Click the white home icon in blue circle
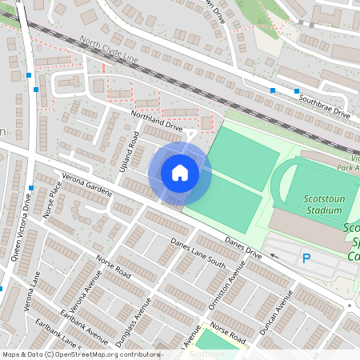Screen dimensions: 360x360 point(180,173)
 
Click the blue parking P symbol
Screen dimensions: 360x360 point(306,258)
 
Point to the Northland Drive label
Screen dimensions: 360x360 point(157,122)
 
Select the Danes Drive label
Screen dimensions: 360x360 point(243,245)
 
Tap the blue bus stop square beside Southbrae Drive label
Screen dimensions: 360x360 point(273,90)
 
